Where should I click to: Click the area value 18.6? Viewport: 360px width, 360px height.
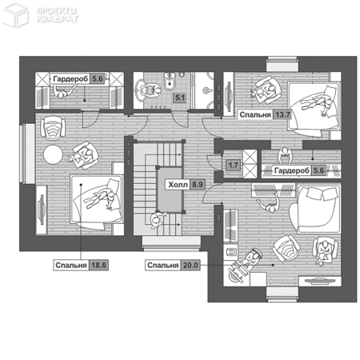(x=98, y=266)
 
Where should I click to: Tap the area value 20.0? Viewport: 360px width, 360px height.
(x=190, y=266)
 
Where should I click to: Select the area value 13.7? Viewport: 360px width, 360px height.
(x=282, y=115)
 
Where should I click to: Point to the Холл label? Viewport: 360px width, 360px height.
(x=178, y=185)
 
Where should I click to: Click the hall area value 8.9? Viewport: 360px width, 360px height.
(x=198, y=185)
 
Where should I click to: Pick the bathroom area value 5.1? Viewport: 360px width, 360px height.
(x=180, y=98)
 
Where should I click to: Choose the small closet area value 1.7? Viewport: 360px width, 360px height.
(x=233, y=165)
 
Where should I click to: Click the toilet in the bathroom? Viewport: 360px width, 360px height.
(x=170, y=81)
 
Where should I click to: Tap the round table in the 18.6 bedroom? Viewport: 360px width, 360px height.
(x=53, y=154)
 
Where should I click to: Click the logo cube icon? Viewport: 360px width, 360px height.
(x=15, y=14)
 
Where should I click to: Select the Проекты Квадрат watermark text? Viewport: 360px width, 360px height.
(x=58, y=15)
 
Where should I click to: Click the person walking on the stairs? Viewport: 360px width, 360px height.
(x=158, y=220)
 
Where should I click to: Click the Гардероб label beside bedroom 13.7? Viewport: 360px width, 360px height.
(x=292, y=170)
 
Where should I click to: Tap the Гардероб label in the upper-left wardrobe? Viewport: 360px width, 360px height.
(x=70, y=79)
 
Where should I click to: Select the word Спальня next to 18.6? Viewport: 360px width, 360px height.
(x=71, y=266)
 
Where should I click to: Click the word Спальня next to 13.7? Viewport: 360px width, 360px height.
(x=255, y=115)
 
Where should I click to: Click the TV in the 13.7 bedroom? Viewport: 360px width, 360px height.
(x=228, y=97)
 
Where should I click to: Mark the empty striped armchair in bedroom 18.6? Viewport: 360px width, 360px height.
(x=53, y=128)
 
